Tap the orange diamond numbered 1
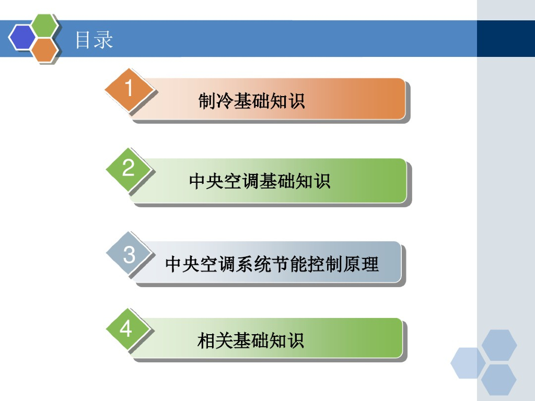pyautogui.click(x=129, y=89)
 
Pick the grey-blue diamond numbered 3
pyautogui.click(x=129, y=255)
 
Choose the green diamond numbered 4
pyautogui.click(x=127, y=330)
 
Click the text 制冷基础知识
pyautogui.click(x=251, y=101)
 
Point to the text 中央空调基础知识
pyautogui.click(x=260, y=181)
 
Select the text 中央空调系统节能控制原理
pyautogui.click(x=272, y=264)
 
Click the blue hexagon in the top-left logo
pyautogui.click(x=22, y=37)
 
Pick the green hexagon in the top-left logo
pyautogui.click(x=45, y=26)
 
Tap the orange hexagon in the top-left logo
pyautogui.click(x=45, y=50)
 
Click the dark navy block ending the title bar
pyautogui.click(x=506, y=39)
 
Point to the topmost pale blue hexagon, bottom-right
pyautogui.click(x=499, y=345)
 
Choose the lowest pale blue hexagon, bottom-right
pyautogui.click(x=499, y=380)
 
